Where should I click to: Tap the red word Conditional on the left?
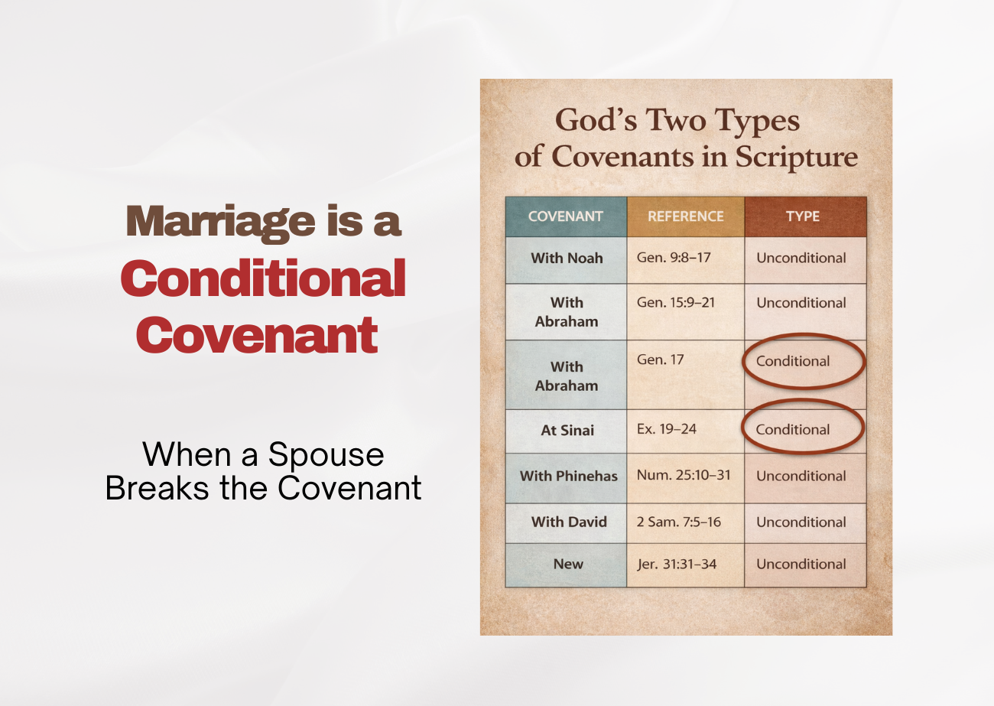pyautogui.click(x=262, y=278)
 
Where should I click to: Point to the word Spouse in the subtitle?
pyautogui.click(x=326, y=454)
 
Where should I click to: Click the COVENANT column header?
pyautogui.click(x=566, y=216)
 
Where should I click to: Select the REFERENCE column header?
pyautogui.click(x=685, y=216)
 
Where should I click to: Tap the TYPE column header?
pyautogui.click(x=803, y=216)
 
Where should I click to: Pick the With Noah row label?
pyautogui.click(x=567, y=258)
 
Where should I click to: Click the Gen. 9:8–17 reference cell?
pyautogui.click(x=674, y=258)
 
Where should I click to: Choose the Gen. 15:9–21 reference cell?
pyautogui.click(x=676, y=302)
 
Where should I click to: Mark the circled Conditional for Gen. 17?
pyautogui.click(x=793, y=361)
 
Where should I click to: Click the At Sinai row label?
pyautogui.click(x=567, y=430)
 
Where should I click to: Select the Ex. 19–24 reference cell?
pyautogui.click(x=667, y=428)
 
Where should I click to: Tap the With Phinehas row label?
pyautogui.click(x=568, y=476)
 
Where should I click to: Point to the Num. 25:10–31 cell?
pyautogui.click(x=684, y=475)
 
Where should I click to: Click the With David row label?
pyautogui.click(x=569, y=522)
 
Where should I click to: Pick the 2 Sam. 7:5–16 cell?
pyautogui.click(x=679, y=522)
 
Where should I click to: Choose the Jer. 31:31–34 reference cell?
pyautogui.click(x=677, y=564)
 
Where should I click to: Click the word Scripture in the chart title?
pyautogui.click(x=797, y=157)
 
